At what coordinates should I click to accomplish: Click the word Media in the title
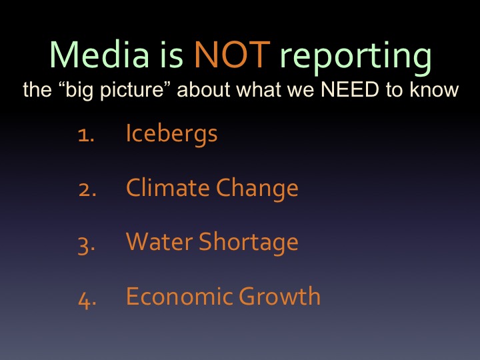click(x=99, y=54)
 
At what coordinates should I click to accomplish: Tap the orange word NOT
click(x=233, y=54)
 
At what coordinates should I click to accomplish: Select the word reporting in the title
click(x=356, y=58)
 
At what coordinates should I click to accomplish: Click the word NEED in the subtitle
click(x=349, y=89)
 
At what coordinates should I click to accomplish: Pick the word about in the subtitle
click(x=203, y=89)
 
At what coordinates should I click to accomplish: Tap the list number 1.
click(x=86, y=135)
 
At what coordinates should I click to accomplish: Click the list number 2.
click(x=87, y=190)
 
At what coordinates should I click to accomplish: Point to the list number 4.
click(x=87, y=299)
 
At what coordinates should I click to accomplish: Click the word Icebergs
click(x=171, y=135)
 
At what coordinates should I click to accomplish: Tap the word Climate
click(x=168, y=187)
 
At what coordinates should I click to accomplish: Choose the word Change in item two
click(x=257, y=189)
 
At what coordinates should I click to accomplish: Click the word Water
click(x=159, y=242)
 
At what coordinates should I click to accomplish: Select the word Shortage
click(x=249, y=243)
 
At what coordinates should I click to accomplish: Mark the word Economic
click(x=179, y=296)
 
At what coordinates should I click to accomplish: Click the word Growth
click(x=279, y=296)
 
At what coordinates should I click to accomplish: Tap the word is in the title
click(x=172, y=54)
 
